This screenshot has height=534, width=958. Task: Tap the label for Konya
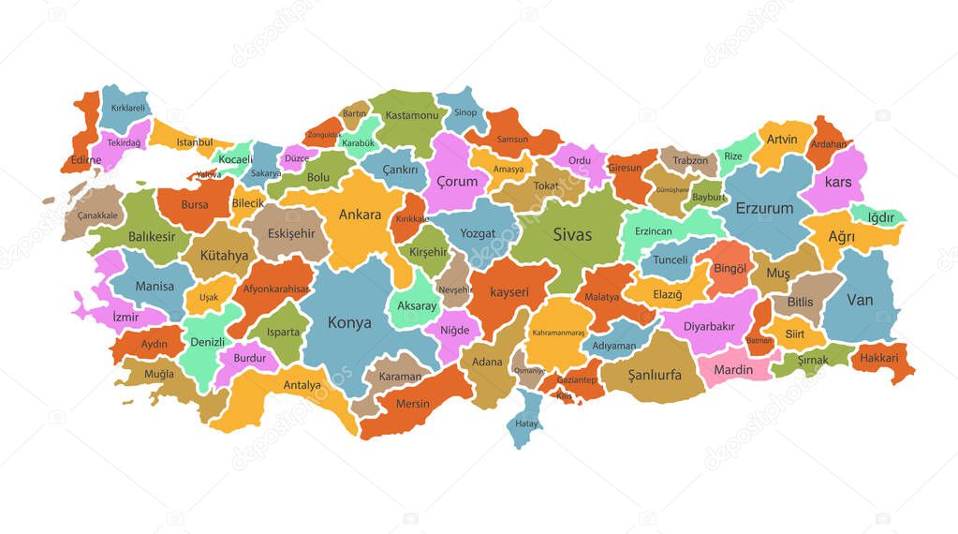[349, 322]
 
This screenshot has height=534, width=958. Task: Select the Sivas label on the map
[572, 234]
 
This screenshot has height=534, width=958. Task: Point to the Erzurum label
[764, 208]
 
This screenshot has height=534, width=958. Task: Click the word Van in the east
[860, 300]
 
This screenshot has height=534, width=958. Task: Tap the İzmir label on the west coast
[125, 317]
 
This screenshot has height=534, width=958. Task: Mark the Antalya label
[302, 385]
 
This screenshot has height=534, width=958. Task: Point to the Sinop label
[465, 113]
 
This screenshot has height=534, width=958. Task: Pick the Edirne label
[85, 160]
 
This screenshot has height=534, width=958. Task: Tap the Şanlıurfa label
[655, 375]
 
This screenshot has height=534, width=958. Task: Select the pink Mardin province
[733, 369]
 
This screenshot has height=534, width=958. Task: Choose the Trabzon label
[690, 160]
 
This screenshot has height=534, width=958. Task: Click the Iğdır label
[881, 217]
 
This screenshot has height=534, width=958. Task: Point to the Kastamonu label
[412, 115]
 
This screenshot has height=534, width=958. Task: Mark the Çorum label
[457, 182]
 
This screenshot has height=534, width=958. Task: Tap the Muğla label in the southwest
[158, 374]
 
